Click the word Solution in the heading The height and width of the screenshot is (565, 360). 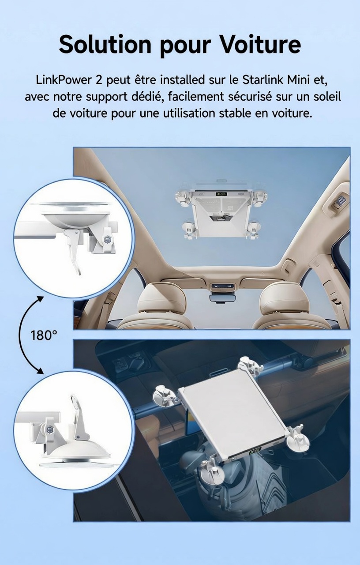[x=105, y=45]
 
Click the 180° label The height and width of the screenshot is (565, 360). [x=43, y=335]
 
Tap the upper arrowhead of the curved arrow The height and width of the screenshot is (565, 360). [x=40, y=300]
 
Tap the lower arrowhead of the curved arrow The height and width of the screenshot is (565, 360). [x=39, y=371]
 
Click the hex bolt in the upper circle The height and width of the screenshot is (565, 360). [x=107, y=239]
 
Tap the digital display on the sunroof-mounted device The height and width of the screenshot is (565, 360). [x=221, y=194]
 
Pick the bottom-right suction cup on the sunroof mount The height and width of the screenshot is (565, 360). [x=253, y=230]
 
